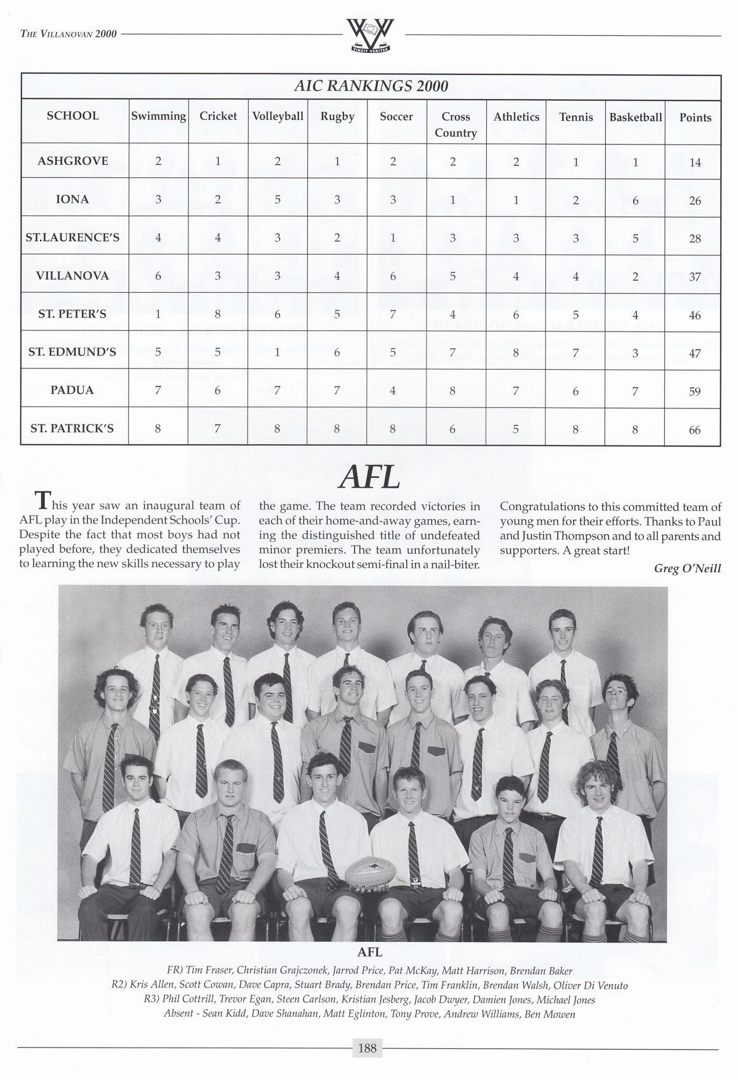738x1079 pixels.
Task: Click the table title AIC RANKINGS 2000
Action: (371, 86)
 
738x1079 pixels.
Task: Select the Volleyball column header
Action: (278, 116)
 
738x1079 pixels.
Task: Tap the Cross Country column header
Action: (455, 124)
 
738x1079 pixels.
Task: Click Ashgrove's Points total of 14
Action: (695, 163)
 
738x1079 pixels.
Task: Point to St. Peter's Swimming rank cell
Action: (158, 314)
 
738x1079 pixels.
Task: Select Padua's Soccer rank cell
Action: (392, 390)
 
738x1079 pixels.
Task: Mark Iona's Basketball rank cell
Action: (635, 200)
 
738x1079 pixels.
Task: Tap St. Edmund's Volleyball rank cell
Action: (277, 352)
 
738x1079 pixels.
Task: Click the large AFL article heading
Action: (369, 478)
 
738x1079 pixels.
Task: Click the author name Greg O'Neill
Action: (687, 569)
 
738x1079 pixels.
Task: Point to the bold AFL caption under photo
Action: (370, 952)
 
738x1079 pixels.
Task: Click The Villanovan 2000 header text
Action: (68, 34)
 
